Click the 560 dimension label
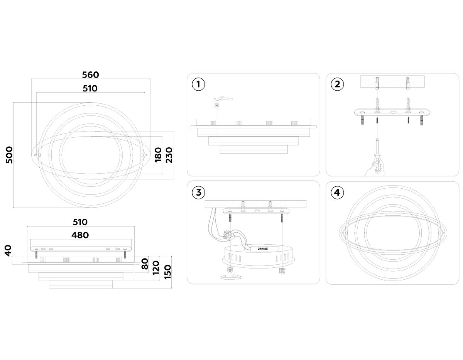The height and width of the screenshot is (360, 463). (91, 75)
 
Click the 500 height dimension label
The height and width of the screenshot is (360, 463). (10, 155)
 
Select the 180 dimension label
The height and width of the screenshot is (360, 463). (158, 155)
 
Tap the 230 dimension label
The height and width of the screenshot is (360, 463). (169, 155)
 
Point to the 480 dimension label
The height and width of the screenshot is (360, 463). (80, 235)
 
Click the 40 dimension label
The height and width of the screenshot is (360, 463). (8, 251)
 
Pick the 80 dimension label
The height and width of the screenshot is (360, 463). (145, 264)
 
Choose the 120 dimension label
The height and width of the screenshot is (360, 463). (156, 268)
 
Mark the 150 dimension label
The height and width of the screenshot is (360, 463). (168, 272)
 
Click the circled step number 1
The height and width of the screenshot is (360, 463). (199, 84)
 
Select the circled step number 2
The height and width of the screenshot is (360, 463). (337, 84)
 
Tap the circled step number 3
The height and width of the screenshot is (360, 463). (199, 193)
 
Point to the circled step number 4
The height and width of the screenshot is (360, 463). (337, 193)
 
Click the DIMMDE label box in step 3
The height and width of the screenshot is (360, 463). (264, 248)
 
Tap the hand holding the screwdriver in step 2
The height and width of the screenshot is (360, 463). (374, 169)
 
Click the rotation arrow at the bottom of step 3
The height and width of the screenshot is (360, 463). (231, 277)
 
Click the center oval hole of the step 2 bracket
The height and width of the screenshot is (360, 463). (393, 112)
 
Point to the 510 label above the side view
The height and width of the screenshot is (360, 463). (80, 222)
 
